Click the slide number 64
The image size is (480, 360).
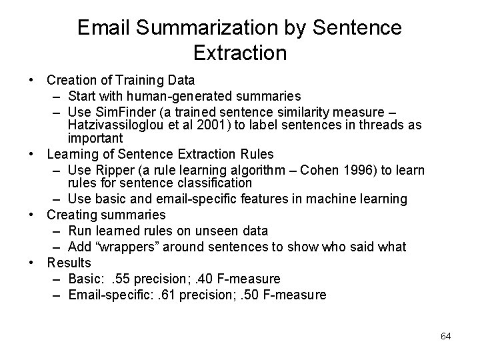(446, 336)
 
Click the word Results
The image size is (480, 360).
(68, 262)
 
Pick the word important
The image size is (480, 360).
(95, 138)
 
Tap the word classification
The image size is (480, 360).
(214, 182)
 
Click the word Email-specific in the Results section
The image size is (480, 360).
(103, 294)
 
